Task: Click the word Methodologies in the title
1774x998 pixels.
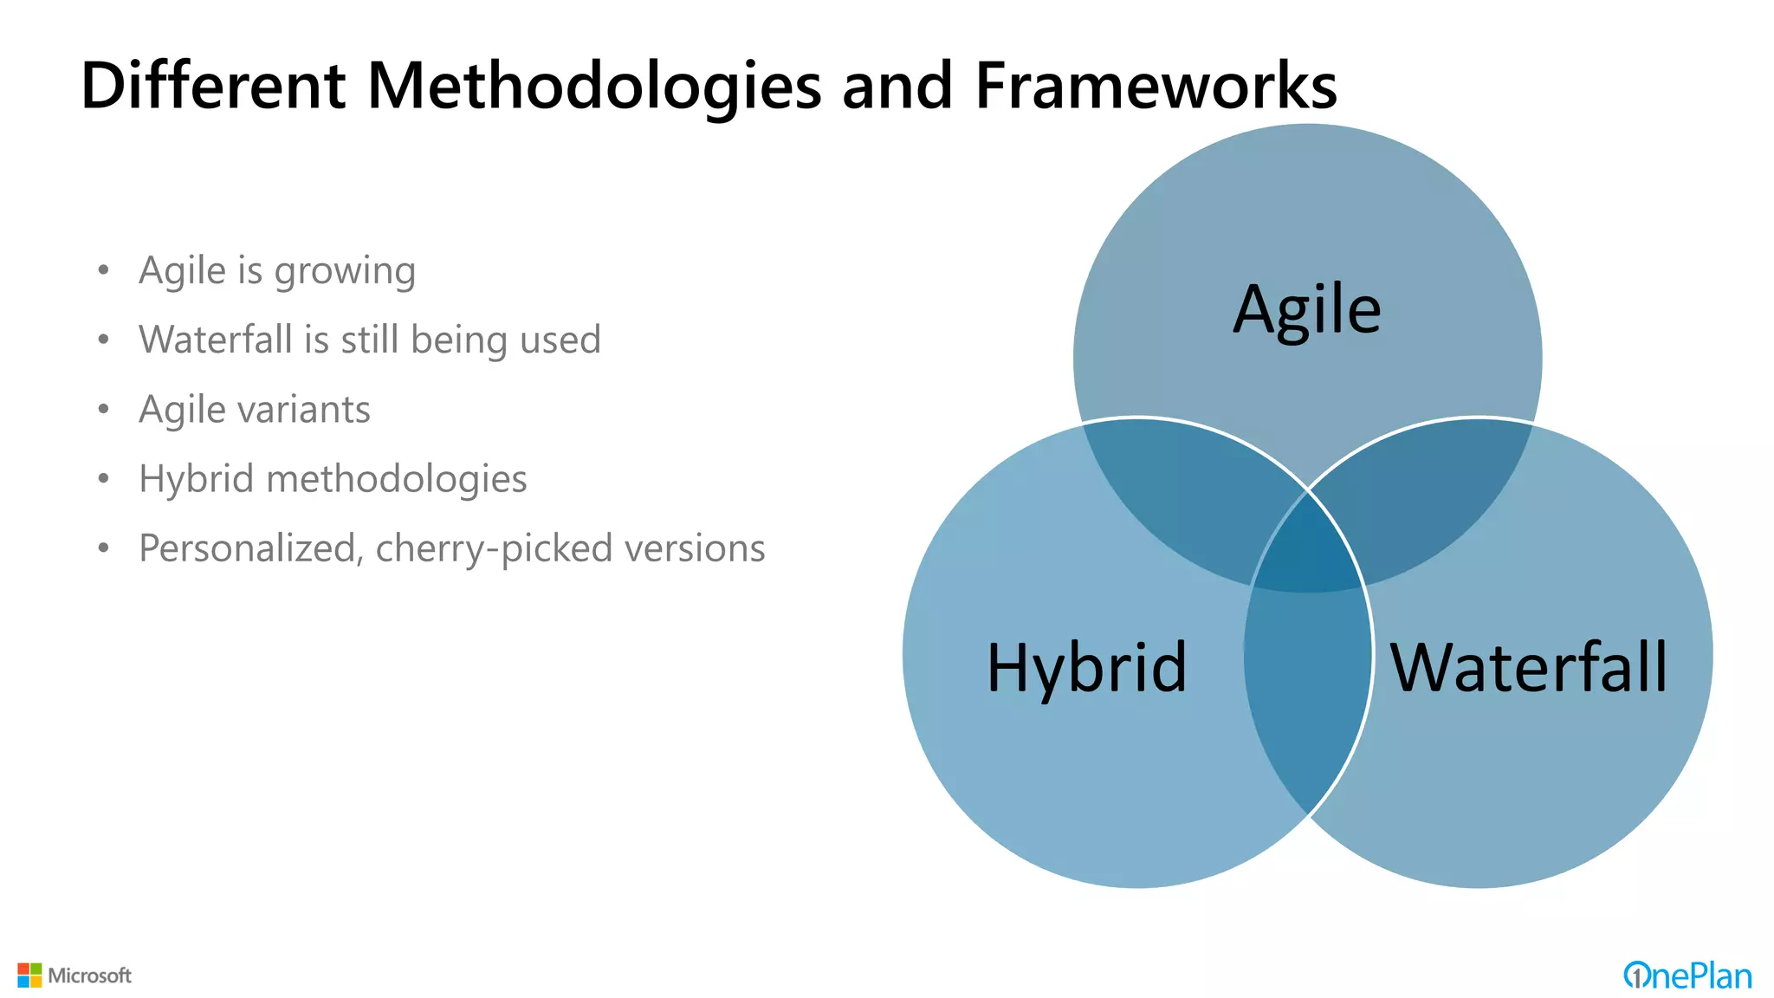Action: pos(593,87)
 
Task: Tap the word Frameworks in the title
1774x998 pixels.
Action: pos(1156,87)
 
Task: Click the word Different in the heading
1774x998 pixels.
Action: pos(213,87)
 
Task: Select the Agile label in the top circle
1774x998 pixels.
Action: pos(1306,310)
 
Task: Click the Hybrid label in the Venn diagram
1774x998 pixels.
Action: pos(1086,668)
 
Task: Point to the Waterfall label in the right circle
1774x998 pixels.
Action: pos(1528,668)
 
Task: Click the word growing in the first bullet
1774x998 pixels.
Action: pos(345,272)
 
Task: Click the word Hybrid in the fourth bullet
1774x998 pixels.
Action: pos(196,479)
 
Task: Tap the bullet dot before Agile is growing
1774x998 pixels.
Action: pos(104,270)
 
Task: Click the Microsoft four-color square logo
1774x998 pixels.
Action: pos(29,975)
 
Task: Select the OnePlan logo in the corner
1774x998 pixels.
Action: pos(1687,975)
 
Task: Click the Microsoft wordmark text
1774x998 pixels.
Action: pos(90,975)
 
